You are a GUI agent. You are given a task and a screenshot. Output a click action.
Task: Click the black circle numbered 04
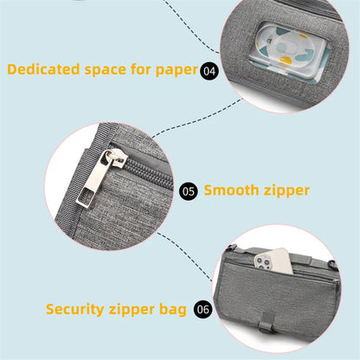[x=209, y=70]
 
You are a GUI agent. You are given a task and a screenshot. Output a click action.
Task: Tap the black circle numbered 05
[x=189, y=191]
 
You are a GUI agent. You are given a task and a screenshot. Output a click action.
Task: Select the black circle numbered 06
[x=203, y=309]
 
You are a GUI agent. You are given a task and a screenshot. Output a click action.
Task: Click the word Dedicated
[x=43, y=69]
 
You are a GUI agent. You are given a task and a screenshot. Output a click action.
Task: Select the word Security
[x=75, y=310]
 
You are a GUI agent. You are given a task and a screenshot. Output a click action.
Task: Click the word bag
[x=173, y=310]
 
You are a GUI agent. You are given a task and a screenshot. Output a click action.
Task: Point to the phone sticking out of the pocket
[x=273, y=260]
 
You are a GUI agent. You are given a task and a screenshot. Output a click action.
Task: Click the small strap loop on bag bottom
[x=267, y=323]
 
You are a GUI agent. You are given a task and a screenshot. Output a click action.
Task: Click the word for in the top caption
[x=141, y=69]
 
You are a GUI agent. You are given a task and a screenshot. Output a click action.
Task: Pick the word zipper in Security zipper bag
[x=132, y=311]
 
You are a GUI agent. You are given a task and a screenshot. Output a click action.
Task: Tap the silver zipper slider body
[x=116, y=157]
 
